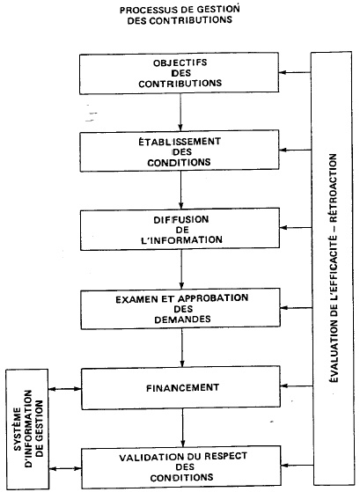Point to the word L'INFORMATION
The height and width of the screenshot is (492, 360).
tap(180, 240)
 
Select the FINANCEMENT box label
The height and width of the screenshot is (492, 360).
tap(180, 386)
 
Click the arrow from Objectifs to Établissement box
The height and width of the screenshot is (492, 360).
tap(180, 114)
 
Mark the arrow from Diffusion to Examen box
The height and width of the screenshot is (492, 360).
tap(180, 268)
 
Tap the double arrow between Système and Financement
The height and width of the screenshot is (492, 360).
tap(64, 387)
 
